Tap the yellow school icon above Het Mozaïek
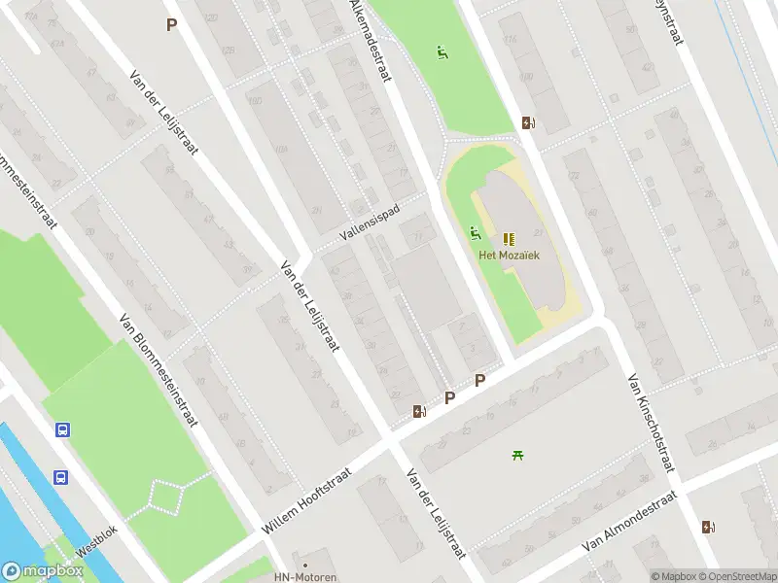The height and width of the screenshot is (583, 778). (509, 238)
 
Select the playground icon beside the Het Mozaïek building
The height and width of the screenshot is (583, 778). (475, 232)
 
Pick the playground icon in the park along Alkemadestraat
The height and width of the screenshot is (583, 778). (442, 52)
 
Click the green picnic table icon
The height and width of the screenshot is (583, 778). (517, 454)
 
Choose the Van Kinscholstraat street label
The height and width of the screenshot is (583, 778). (651, 424)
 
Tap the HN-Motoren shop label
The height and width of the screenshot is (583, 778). (305, 577)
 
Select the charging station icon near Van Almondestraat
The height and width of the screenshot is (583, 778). (707, 527)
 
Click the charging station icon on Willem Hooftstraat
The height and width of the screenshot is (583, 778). (419, 411)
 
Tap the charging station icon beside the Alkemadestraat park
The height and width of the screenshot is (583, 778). (528, 122)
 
